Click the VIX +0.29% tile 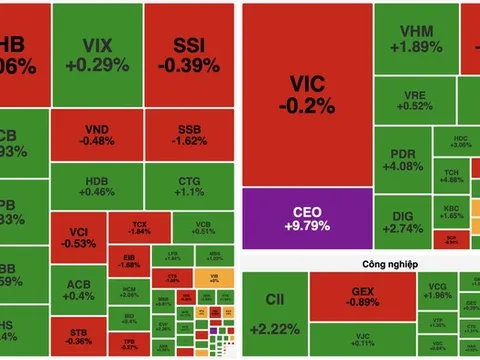(97, 54)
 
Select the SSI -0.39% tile (190, 54)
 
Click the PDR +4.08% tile (407, 159)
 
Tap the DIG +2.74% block (407, 220)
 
